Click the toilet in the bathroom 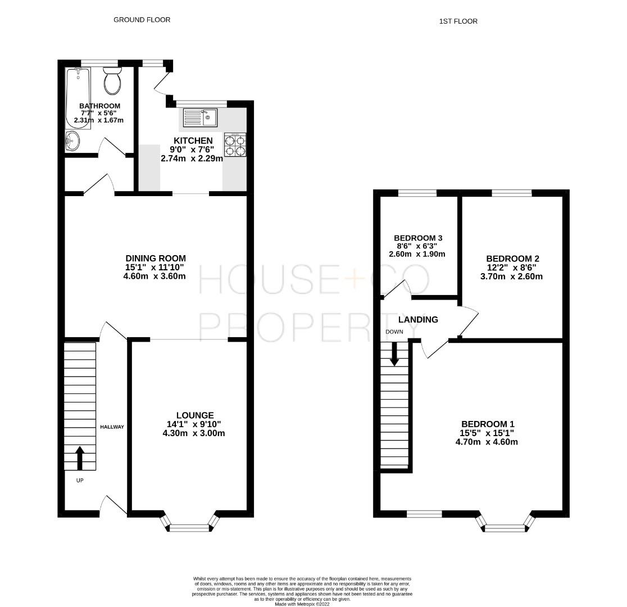pyautogui.click(x=112, y=81)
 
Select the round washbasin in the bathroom pyautogui.click(x=72, y=141)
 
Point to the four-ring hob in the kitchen pyautogui.click(x=235, y=145)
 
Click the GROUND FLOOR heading pyautogui.click(x=142, y=20)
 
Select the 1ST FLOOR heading pyautogui.click(x=458, y=21)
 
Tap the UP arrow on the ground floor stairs pyautogui.click(x=79, y=457)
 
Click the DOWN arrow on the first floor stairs pyautogui.click(x=394, y=354)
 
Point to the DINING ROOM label pyautogui.click(x=156, y=258)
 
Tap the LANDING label pyautogui.click(x=418, y=319)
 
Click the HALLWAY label pyautogui.click(x=112, y=427)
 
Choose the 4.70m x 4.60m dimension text pyautogui.click(x=487, y=442)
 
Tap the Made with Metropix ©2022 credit pyautogui.click(x=302, y=604)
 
